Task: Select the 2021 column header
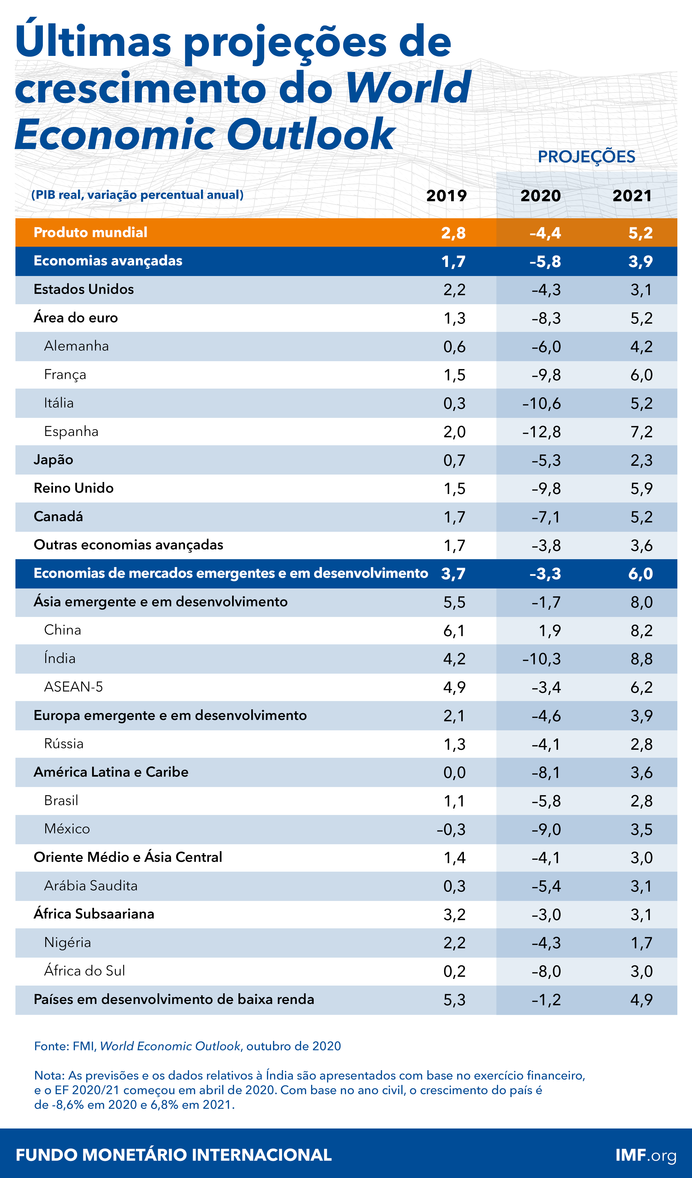click(632, 195)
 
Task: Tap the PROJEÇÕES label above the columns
click(586, 156)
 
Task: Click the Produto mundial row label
click(90, 232)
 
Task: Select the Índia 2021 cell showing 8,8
click(641, 659)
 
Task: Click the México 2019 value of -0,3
click(451, 829)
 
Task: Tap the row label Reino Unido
click(73, 488)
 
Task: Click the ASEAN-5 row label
click(73, 687)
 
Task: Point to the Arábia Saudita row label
click(91, 885)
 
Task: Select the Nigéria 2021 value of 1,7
click(641, 943)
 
